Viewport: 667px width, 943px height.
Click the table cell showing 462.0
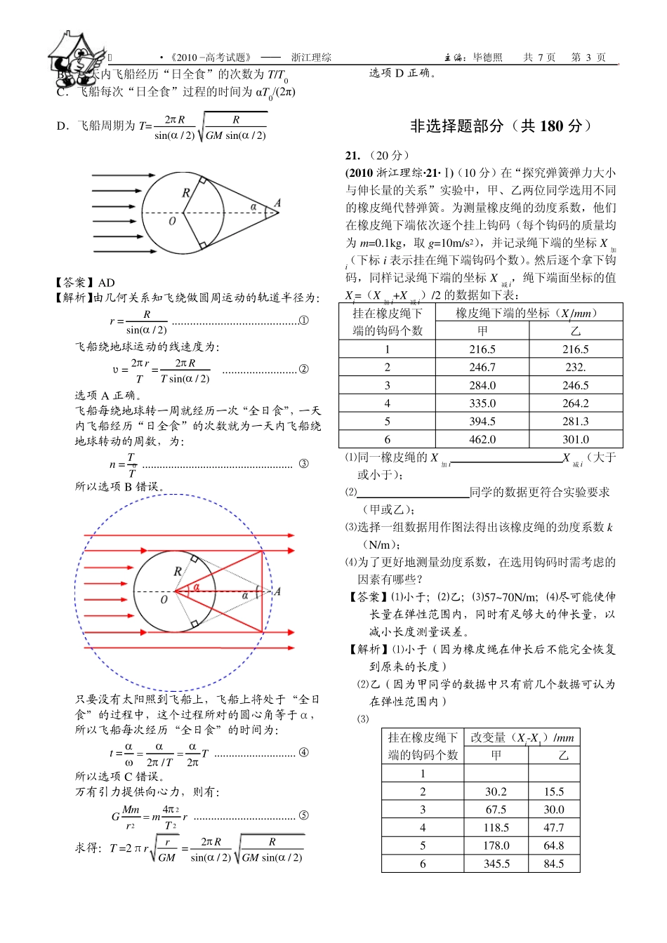(x=482, y=440)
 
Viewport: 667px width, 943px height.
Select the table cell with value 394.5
(x=482, y=422)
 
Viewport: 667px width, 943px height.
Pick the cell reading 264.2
(x=576, y=403)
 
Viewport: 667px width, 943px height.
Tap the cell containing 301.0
(x=576, y=440)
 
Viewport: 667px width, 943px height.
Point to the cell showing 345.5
(x=496, y=864)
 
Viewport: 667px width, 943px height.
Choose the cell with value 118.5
(x=496, y=828)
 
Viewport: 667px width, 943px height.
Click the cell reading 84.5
(x=554, y=864)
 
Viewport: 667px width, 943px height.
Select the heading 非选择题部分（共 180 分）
(x=501, y=126)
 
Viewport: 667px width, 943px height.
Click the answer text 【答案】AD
(x=85, y=283)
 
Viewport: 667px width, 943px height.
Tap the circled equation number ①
(x=304, y=321)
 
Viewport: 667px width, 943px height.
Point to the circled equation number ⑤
(x=304, y=815)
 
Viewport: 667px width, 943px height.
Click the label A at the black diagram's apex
(x=277, y=203)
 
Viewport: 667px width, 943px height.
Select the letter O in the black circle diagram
(x=172, y=221)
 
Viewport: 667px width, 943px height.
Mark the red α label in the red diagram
(x=197, y=587)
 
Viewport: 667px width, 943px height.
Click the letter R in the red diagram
(x=178, y=572)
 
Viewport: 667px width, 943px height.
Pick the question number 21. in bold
(x=352, y=156)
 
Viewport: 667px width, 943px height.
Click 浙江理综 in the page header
(x=311, y=58)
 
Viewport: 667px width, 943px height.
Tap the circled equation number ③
(x=304, y=464)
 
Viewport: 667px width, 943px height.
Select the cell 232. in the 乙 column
(x=576, y=367)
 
